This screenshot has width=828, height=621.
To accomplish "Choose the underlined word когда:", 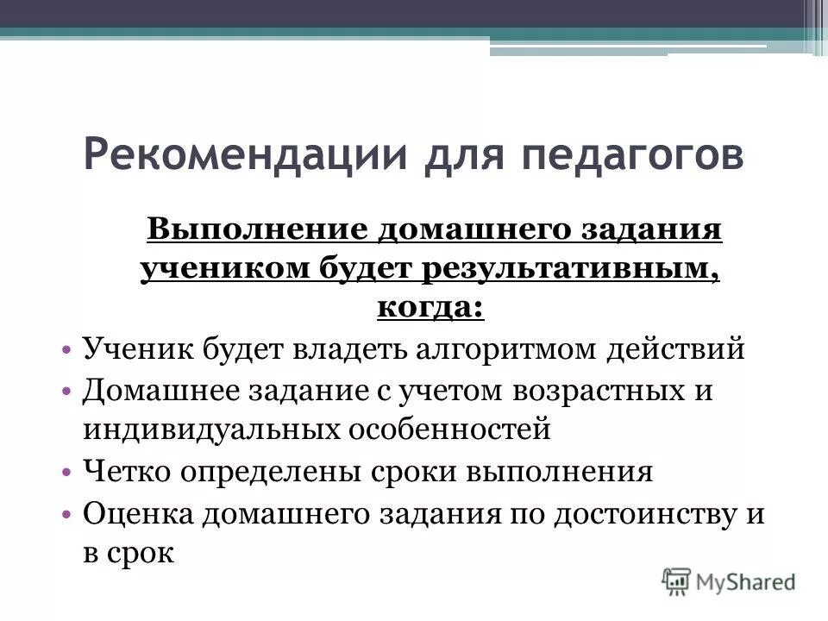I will click(430, 307).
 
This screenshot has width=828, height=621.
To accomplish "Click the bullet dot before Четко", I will click(67, 473).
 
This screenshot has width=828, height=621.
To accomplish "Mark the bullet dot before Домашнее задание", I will click(67, 390).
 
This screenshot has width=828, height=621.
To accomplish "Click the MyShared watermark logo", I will click(729, 580).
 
